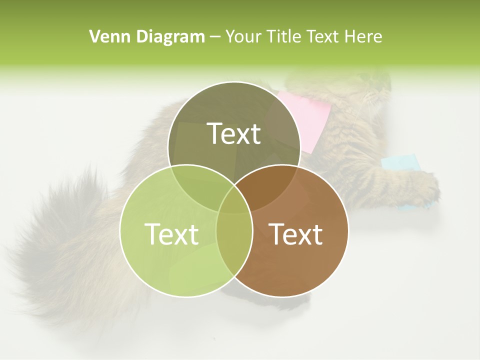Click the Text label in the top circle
coord(234,134)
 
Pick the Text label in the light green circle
coord(171,234)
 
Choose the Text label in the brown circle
coord(296,234)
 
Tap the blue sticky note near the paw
coord(400,162)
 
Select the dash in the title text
coord(215,36)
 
